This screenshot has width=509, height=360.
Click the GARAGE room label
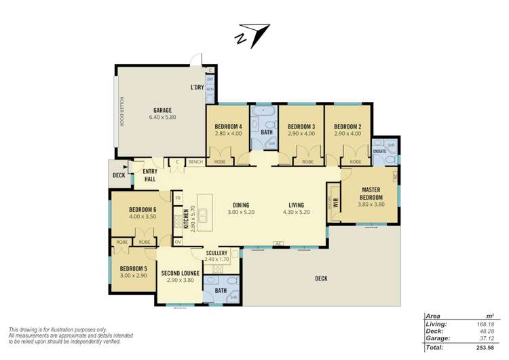point(162,110)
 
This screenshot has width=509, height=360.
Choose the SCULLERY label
point(217,253)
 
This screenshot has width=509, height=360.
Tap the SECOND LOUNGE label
point(181,273)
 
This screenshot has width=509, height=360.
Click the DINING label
point(241,204)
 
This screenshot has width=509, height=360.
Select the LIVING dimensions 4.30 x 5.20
point(296,212)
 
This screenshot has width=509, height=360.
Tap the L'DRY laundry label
point(197,88)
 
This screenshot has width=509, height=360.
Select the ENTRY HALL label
point(150,175)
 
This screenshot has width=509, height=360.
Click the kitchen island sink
point(203,212)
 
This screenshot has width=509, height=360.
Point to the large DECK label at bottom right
point(321,278)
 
